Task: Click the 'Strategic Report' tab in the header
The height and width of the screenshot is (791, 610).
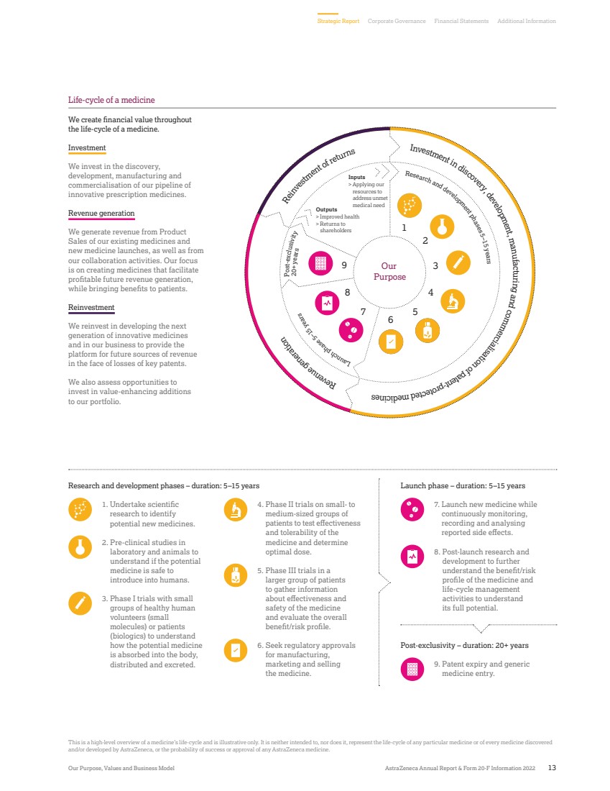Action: coord(338,22)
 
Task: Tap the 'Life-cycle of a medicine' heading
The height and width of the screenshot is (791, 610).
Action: coord(111,100)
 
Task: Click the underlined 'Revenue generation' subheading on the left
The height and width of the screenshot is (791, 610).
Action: coord(101,214)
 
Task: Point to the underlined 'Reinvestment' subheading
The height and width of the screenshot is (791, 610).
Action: coord(91,308)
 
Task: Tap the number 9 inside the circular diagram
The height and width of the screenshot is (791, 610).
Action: coord(345,265)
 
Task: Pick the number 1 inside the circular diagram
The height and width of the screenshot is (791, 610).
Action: coord(404,227)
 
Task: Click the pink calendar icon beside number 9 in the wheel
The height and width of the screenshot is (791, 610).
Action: coord(320,264)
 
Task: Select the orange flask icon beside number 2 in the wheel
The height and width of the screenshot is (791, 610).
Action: coord(442,226)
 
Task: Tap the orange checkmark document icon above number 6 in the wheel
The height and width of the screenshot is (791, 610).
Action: coord(391,342)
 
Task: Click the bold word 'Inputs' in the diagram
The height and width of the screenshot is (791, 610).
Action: coord(356,177)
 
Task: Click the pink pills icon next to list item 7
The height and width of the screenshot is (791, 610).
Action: coord(412,509)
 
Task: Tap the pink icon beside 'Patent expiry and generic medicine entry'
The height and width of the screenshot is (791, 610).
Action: coord(412,669)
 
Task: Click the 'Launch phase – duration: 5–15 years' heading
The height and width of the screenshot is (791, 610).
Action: coord(462,485)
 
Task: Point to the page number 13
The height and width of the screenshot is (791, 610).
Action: coord(551,768)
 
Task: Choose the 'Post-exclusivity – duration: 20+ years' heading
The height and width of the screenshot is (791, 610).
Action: coord(464,646)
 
